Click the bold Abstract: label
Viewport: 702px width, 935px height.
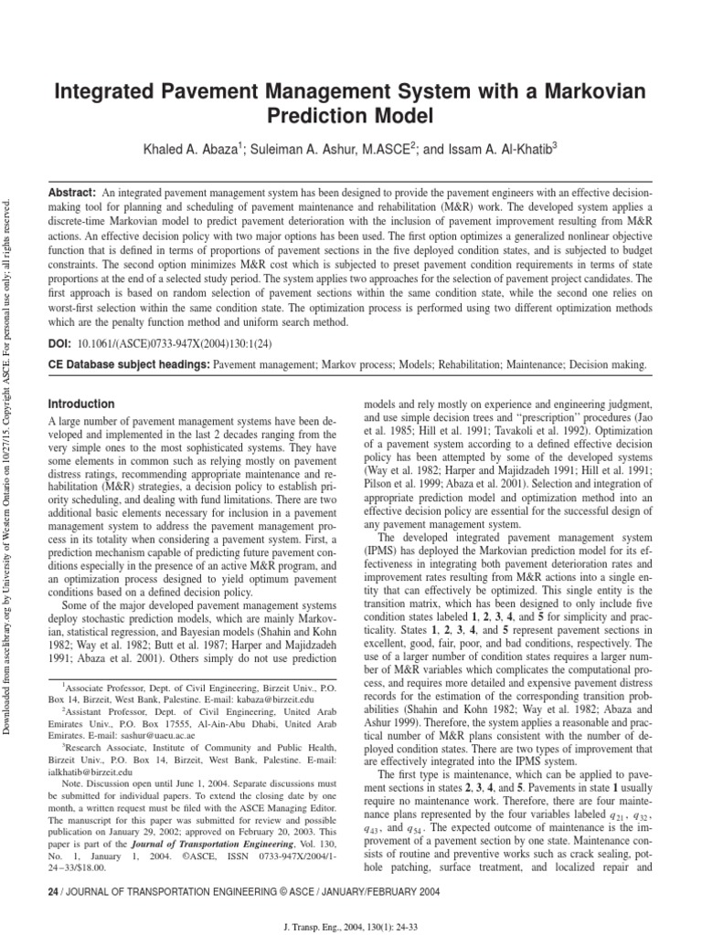click(x=72, y=194)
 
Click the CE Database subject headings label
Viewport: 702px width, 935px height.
click(x=128, y=364)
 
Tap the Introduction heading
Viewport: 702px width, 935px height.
click(x=81, y=404)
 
